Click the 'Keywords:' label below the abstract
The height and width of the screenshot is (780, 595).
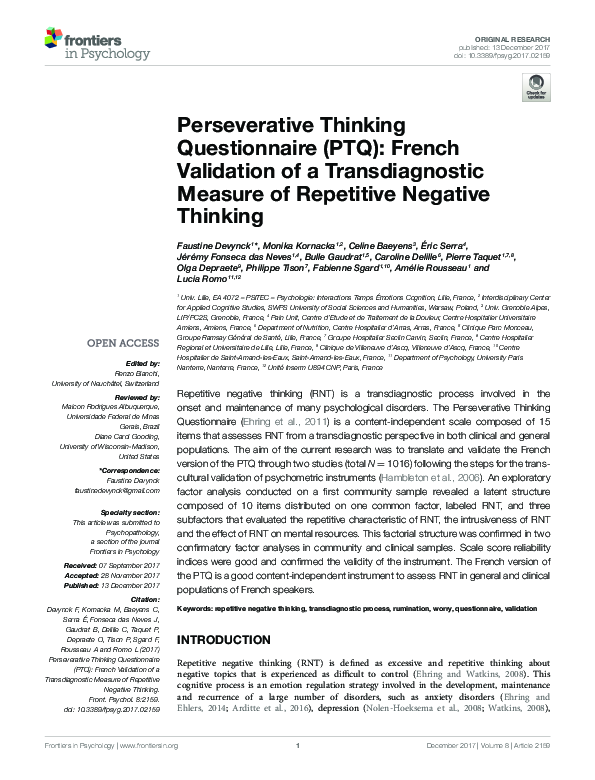pos(197,608)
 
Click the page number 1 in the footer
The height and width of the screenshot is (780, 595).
pos(298,772)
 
